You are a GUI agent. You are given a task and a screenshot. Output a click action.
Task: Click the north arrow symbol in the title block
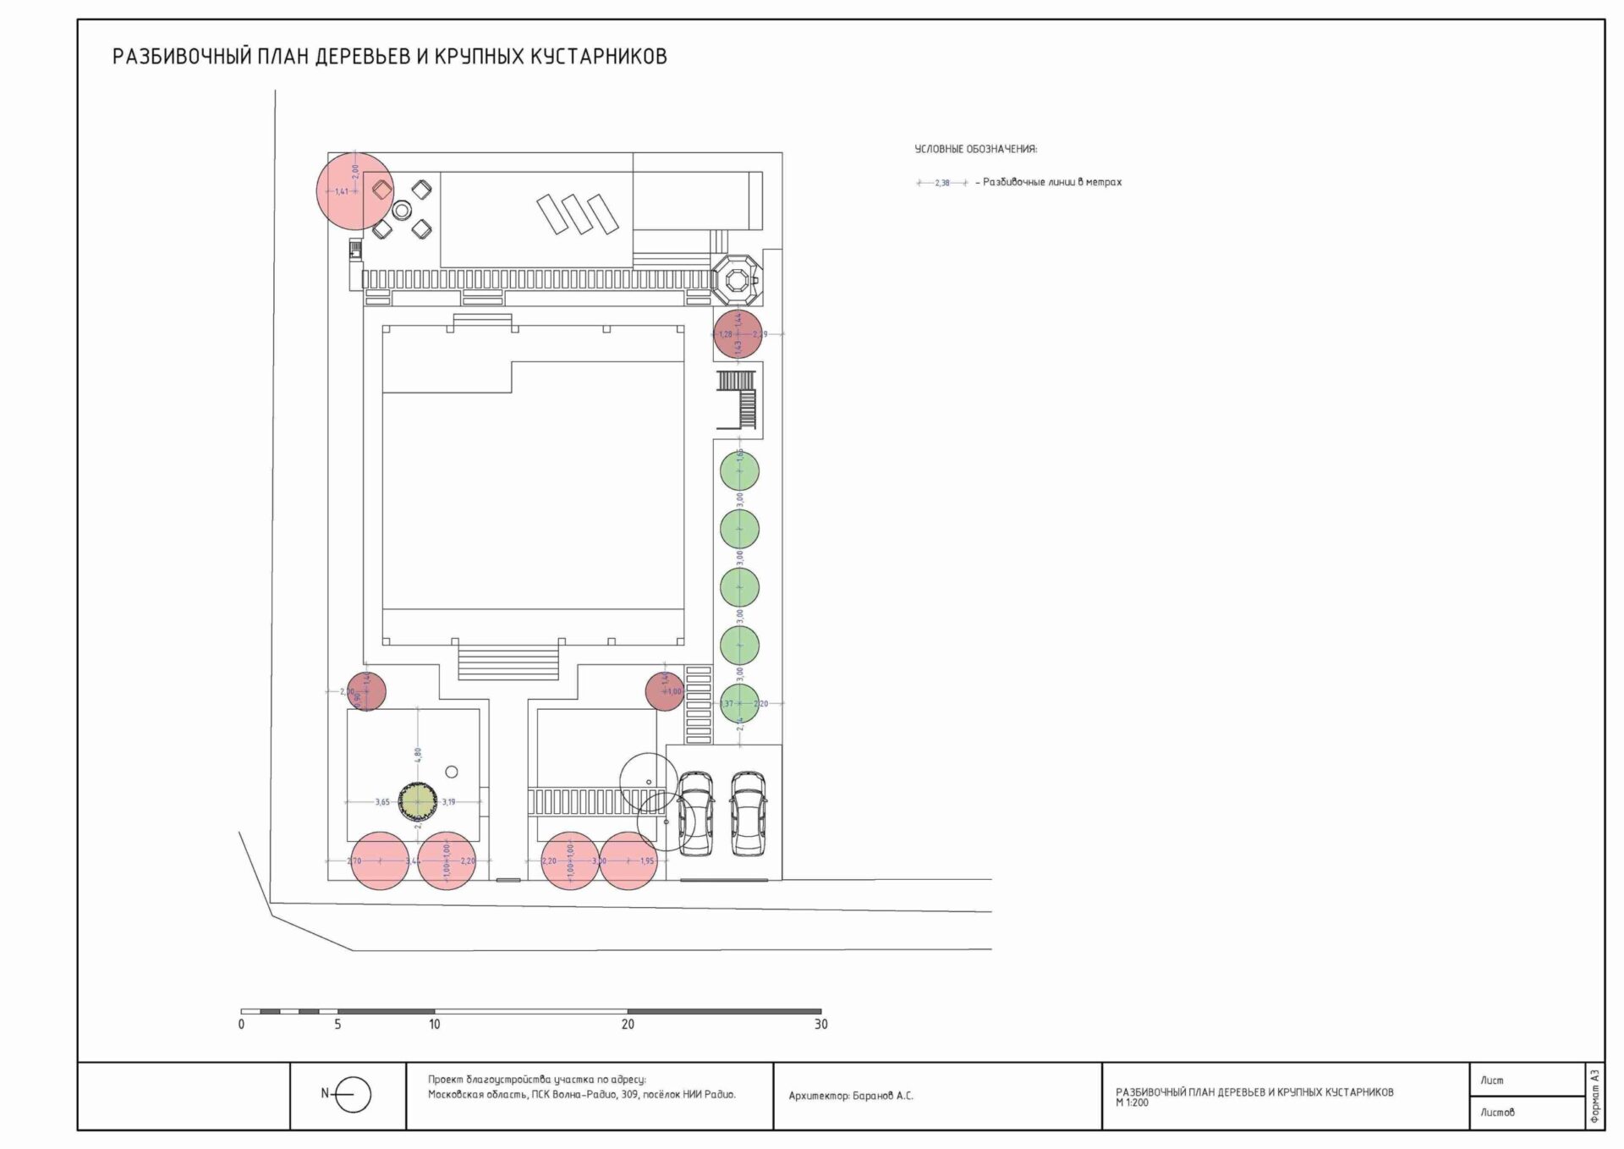[353, 1095]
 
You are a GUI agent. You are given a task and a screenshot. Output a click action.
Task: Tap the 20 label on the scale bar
[628, 1024]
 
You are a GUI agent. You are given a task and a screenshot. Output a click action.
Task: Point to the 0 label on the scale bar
[241, 1024]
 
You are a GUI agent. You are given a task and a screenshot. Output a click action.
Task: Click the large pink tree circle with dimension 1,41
[355, 191]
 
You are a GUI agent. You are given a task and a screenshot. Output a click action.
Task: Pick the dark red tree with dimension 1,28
[738, 334]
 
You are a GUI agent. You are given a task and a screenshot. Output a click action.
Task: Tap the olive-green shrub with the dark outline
[417, 801]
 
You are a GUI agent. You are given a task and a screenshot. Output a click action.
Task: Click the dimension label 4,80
[418, 753]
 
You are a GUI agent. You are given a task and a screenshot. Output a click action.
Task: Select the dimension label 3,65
[382, 802]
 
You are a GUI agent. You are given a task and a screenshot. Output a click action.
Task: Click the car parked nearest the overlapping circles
[695, 811]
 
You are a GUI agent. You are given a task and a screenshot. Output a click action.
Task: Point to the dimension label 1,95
[647, 861]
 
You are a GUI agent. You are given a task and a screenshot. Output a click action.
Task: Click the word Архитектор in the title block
[817, 1096]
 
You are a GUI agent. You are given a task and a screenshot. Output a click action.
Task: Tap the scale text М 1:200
[1132, 1102]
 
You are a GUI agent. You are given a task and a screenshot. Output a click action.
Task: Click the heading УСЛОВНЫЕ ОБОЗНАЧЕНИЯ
[975, 149]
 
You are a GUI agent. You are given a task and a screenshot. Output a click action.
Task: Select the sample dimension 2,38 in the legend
[942, 183]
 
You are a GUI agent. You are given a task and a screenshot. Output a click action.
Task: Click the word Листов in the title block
[1497, 1113]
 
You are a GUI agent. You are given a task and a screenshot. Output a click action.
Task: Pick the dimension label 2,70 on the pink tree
[354, 861]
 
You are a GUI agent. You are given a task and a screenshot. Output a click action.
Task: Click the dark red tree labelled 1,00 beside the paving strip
[665, 691]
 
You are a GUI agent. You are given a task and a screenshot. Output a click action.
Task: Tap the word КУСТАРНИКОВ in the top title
[598, 57]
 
